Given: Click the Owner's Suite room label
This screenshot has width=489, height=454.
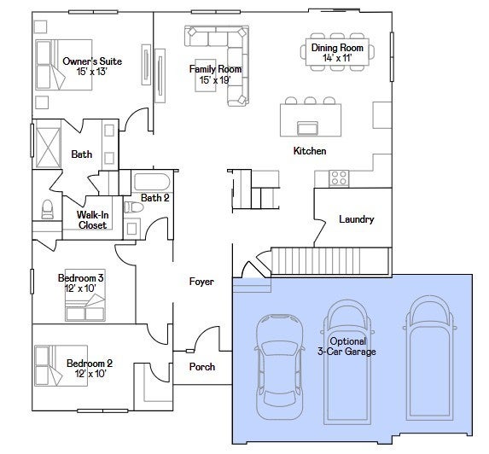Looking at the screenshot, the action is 92,61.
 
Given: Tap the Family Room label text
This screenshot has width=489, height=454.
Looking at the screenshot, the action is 216,69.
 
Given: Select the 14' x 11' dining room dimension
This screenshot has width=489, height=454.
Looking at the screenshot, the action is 337,58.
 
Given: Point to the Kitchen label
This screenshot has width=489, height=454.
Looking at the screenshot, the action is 310,151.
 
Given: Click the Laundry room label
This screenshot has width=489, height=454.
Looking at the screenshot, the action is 357,219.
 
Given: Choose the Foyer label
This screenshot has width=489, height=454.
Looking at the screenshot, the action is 201,282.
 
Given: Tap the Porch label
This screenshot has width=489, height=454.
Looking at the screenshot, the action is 202,367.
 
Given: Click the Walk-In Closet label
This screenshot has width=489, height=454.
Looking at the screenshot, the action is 93,220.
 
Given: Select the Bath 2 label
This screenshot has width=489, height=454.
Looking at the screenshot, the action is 155,198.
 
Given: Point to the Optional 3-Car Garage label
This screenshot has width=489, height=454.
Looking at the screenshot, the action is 346,346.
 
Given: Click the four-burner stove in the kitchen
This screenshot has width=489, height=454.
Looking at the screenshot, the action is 339,178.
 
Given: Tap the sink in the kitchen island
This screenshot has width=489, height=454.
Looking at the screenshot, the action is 307,128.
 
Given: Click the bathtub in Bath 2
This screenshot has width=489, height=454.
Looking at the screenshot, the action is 152,182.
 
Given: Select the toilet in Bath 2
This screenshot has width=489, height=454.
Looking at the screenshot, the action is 134,207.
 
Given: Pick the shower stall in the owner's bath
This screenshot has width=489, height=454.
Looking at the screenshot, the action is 48,148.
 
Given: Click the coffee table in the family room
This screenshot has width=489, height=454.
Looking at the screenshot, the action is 206,75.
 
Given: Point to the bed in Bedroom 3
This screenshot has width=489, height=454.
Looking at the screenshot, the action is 85,295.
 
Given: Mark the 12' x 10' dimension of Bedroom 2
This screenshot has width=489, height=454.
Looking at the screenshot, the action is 90,373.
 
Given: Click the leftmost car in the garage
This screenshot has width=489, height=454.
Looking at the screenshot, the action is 280,366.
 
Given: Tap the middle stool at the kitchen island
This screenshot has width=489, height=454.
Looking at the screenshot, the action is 310,101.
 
